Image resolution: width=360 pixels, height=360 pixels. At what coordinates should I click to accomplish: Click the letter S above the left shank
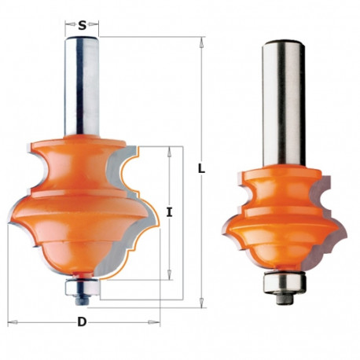point(83,25)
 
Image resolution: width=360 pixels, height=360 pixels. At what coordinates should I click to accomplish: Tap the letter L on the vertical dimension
point(202,167)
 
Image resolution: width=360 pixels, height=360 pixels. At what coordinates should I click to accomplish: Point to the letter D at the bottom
point(83,321)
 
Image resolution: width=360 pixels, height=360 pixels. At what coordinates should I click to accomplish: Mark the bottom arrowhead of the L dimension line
point(202,299)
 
